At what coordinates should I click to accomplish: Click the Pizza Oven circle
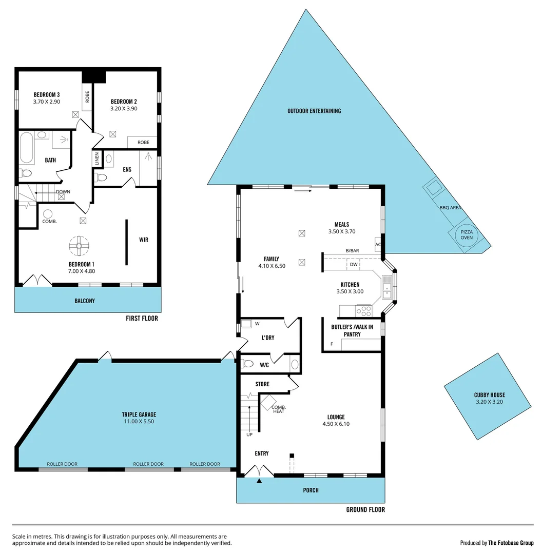[467, 235]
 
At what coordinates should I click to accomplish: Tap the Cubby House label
[489, 398]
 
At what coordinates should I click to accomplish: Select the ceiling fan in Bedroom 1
[79, 246]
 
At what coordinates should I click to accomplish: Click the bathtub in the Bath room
[27, 148]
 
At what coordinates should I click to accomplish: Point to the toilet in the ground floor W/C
[248, 364]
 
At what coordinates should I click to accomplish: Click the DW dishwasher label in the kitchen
[354, 265]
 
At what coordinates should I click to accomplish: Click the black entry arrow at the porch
[259, 481]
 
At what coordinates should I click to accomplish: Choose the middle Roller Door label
[148, 464]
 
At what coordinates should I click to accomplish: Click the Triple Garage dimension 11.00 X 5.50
[139, 421]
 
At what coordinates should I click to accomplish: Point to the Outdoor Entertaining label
[314, 111]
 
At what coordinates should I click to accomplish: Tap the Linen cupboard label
[96, 159]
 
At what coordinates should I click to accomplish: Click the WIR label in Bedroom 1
[144, 240]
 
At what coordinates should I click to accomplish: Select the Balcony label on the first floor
[84, 301]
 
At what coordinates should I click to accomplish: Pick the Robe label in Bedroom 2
[143, 142]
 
